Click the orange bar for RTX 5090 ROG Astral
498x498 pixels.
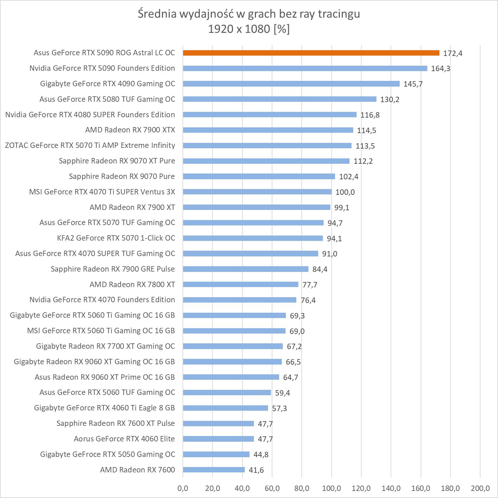[x=311, y=53]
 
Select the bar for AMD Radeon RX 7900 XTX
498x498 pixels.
[x=268, y=130]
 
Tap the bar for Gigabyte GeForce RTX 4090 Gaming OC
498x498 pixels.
[x=291, y=84]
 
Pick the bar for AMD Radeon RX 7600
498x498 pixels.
[x=214, y=470]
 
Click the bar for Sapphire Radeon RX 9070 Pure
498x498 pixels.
[x=259, y=177]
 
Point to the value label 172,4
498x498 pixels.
[x=453, y=53]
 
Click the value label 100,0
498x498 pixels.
[x=345, y=192]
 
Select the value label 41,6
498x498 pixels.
[x=256, y=470]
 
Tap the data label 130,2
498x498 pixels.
[x=390, y=99]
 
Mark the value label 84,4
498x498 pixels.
[x=320, y=269]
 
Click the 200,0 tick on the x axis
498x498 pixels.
[x=480, y=488]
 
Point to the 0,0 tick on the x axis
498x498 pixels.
[x=183, y=488]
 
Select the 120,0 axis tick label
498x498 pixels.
[x=361, y=488]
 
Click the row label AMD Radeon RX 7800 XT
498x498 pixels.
[x=132, y=284]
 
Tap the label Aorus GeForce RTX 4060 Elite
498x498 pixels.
[x=124, y=439]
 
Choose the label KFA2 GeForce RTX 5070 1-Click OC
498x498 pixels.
[x=116, y=238]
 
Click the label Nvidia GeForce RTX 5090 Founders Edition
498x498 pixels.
[x=102, y=68]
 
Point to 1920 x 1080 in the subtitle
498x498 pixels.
[x=239, y=29]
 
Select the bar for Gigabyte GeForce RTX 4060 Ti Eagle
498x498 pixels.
[x=226, y=408]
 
